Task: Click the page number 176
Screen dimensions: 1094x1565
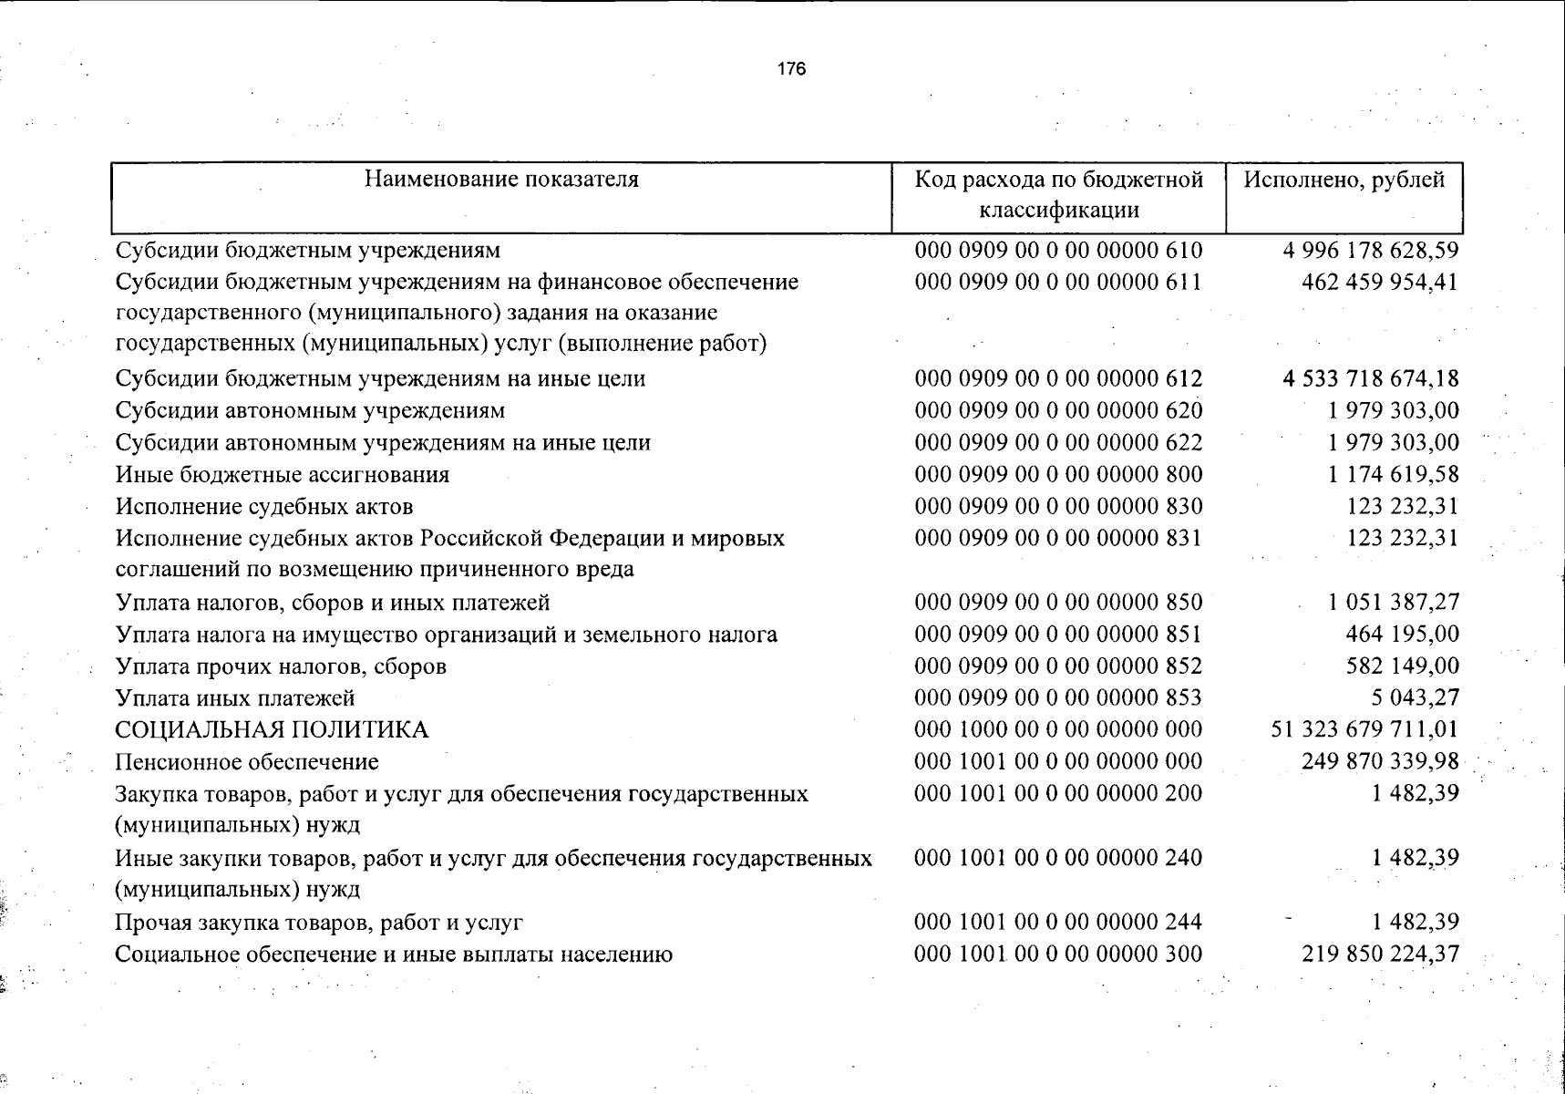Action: coord(792,69)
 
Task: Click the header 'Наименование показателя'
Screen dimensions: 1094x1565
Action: coord(501,179)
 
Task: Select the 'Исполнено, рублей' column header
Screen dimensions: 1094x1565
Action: coord(1344,180)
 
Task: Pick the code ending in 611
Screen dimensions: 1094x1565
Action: coord(1058,282)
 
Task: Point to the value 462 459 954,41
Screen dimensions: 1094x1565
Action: coord(1380,282)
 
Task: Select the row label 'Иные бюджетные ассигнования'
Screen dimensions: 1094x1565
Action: coord(283,475)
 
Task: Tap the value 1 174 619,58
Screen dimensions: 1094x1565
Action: coord(1393,474)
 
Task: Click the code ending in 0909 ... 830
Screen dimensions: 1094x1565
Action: coord(1058,506)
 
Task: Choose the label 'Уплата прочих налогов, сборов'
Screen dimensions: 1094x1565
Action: coord(281,666)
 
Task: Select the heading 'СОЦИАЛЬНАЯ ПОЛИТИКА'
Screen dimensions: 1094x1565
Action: coord(272,730)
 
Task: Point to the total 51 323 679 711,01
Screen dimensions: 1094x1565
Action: coord(1364,729)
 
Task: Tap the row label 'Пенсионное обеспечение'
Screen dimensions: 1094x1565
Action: coord(247,762)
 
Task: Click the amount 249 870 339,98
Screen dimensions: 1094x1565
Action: coord(1380,761)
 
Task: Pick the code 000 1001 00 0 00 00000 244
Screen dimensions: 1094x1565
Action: coord(1058,922)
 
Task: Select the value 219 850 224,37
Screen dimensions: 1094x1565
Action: coord(1380,954)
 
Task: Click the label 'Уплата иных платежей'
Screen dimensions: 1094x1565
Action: coord(235,698)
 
